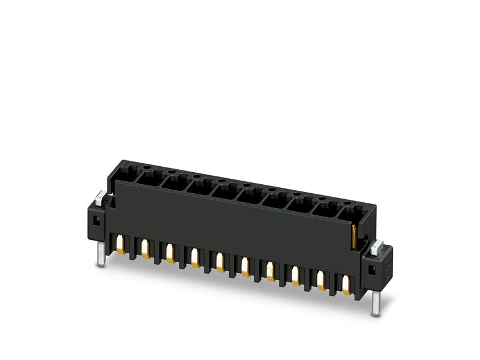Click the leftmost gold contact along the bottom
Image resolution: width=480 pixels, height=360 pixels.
(x=121, y=243)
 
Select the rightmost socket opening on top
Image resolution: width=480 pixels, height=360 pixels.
(x=350, y=213)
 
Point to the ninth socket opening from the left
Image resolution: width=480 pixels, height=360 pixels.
(x=325, y=209)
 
